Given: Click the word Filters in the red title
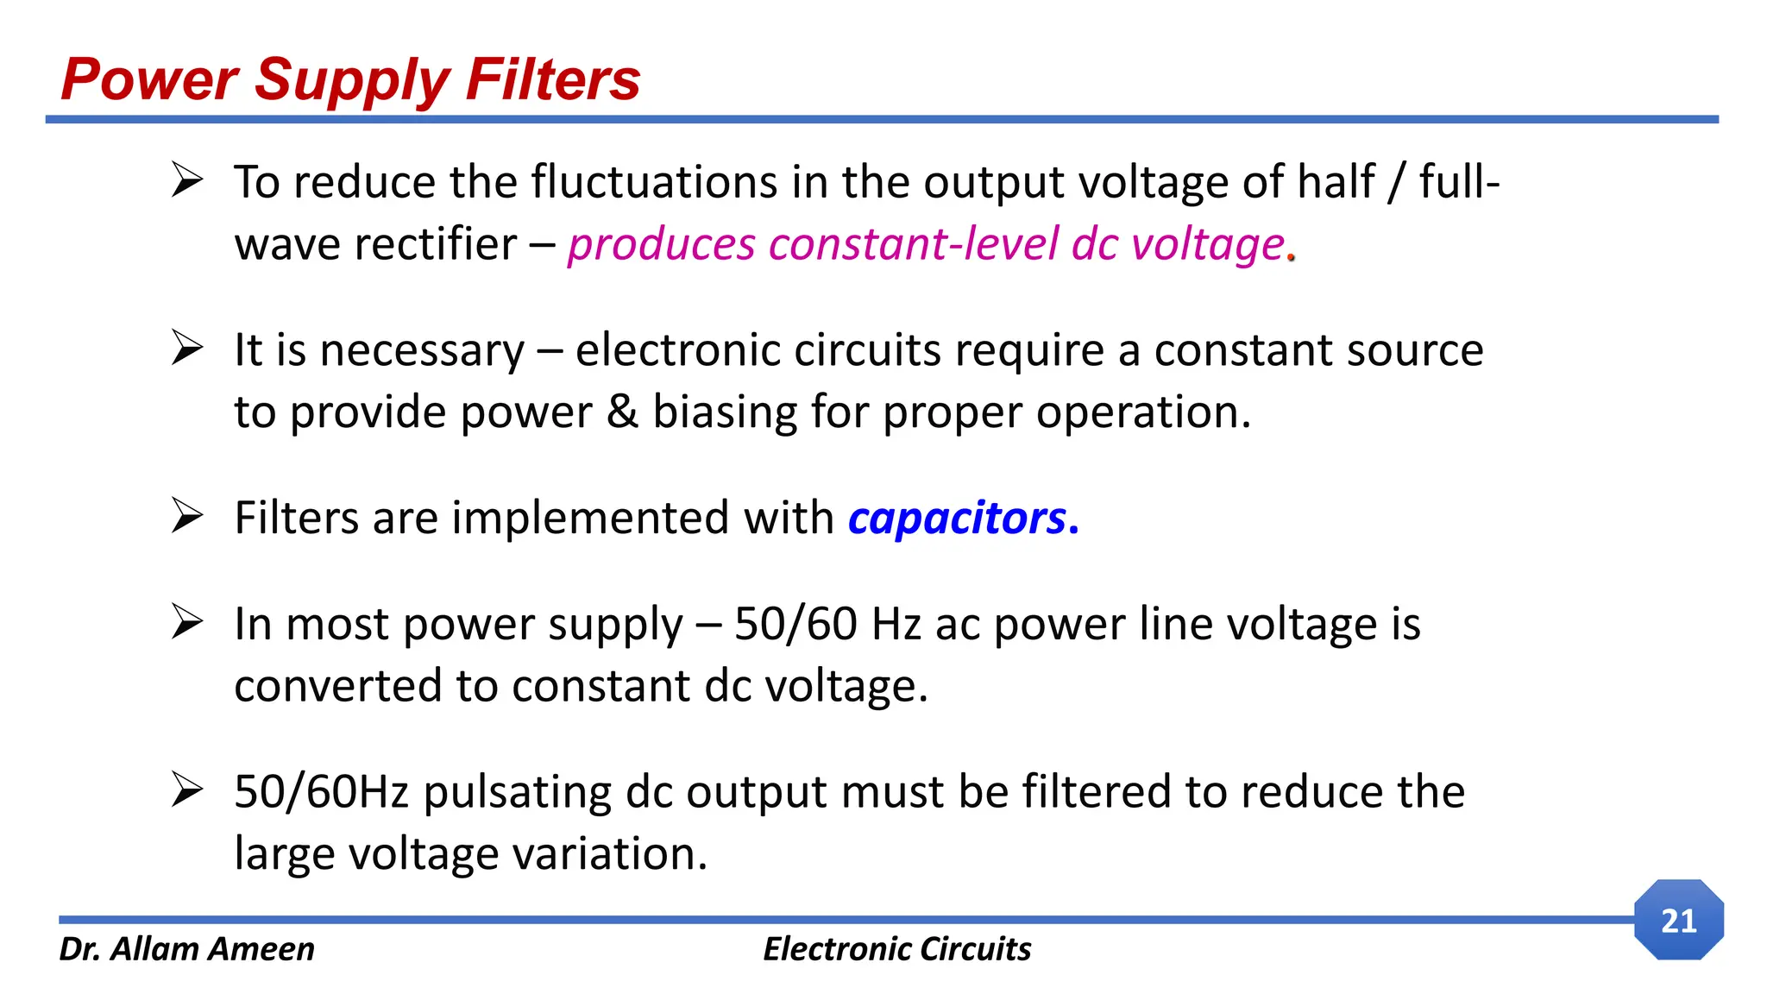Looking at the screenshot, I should [x=552, y=79].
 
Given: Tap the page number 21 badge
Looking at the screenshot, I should [x=1678, y=920].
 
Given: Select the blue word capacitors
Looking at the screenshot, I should [x=957, y=518].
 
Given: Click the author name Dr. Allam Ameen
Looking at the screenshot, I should [x=186, y=948].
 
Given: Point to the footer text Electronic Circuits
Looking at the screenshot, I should [x=896, y=948].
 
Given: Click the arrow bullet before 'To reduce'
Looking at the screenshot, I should [x=186, y=179].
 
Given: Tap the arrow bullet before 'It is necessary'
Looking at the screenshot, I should [x=186, y=348].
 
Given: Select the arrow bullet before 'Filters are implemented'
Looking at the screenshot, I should [x=186, y=516].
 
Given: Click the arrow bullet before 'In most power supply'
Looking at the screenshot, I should [x=186, y=621].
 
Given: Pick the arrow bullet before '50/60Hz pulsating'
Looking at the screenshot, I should [x=186, y=790].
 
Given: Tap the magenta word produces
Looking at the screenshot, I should [x=661, y=244].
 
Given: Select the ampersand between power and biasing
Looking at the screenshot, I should [x=622, y=412].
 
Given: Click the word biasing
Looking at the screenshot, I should [x=725, y=412].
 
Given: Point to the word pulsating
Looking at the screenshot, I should [x=517, y=792].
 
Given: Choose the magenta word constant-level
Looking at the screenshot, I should [x=913, y=244].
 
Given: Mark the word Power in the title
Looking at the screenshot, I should [x=149, y=79].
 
